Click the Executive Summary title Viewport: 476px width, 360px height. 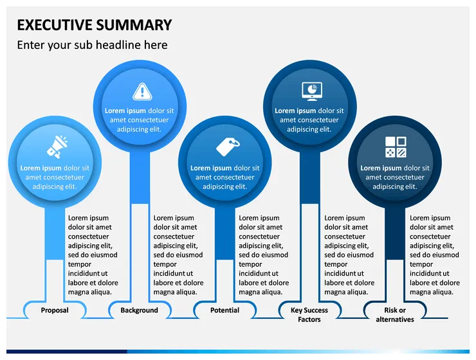pyautogui.click(x=94, y=25)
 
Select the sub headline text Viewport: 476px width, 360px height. pyautogui.click(x=92, y=45)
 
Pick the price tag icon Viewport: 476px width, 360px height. pyautogui.click(x=226, y=146)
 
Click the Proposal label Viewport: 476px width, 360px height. pyautogui.click(x=55, y=310)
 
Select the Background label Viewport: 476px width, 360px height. pyautogui.click(x=139, y=310)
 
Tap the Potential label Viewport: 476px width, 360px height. pyautogui.click(x=224, y=310)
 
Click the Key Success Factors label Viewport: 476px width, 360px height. pyautogui.click(x=309, y=314)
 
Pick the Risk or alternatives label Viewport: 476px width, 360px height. pyautogui.click(x=395, y=314)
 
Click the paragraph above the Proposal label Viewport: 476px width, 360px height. pyautogui.click(x=93, y=255)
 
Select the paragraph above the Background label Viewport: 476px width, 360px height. pyautogui.click(x=179, y=255)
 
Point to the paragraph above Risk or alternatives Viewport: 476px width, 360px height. pyautogui.click(x=435, y=255)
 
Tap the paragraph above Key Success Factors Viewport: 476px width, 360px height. pyautogui.click(x=349, y=255)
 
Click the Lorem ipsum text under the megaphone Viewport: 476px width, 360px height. pyautogui.click(x=55, y=177)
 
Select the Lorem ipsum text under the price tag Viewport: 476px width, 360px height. pyautogui.click(x=225, y=177)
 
